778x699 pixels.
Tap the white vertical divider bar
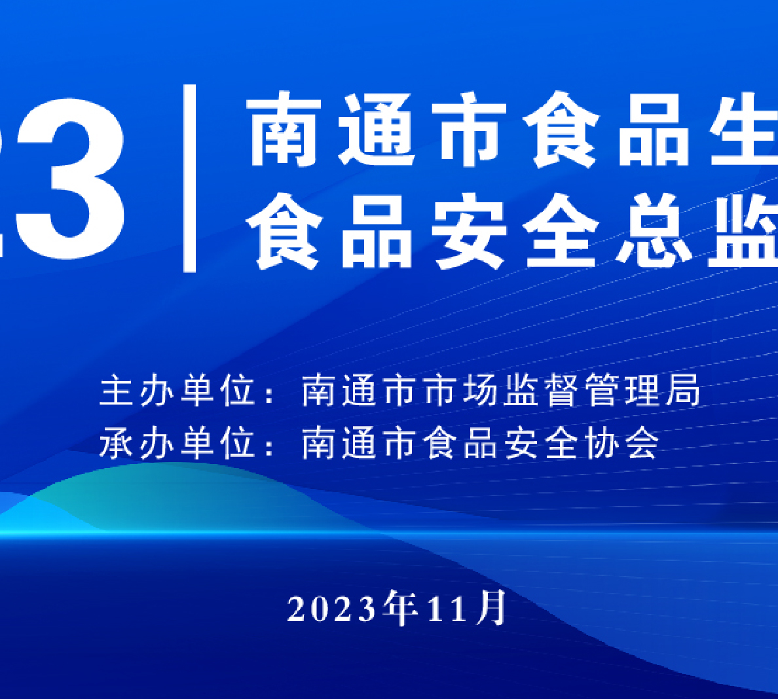(189, 177)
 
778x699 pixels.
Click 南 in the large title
(284, 130)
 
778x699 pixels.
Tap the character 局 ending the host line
(684, 391)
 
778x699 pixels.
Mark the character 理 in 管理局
(644, 391)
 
